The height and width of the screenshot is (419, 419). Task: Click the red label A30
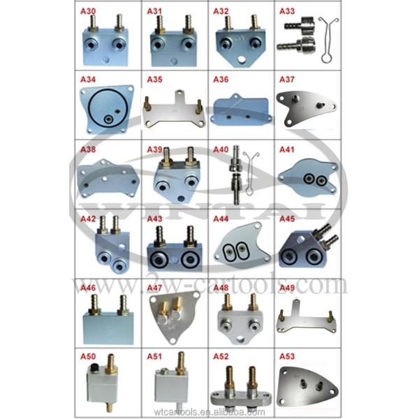pos(88,11)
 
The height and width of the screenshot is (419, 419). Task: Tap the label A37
pos(287,80)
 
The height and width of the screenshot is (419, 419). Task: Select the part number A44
pos(221,219)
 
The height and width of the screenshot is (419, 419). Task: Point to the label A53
pos(287,356)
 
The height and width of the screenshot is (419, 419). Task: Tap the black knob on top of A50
pos(94,367)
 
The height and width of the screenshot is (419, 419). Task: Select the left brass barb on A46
pos(94,304)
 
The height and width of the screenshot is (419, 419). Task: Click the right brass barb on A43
pos(190,236)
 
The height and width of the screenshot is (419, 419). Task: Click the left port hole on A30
pos(91,45)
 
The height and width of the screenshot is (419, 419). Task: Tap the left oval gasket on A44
pos(229,252)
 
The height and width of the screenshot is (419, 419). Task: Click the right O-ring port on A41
pos(321,181)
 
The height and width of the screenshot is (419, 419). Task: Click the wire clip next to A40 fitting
pos(250,173)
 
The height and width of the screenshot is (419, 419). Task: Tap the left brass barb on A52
pos(229,378)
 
